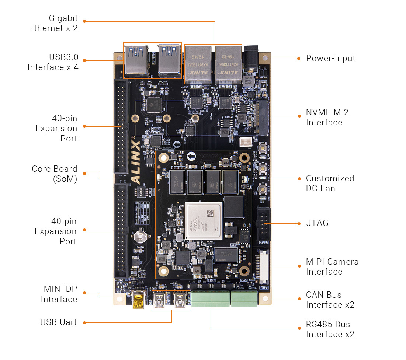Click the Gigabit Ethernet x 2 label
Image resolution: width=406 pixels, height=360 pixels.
click(53, 23)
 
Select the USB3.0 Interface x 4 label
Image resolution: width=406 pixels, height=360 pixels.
click(53, 62)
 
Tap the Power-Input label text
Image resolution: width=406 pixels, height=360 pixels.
click(330, 58)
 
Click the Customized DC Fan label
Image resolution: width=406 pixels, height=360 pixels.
click(330, 183)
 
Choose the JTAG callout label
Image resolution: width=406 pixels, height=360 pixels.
click(317, 223)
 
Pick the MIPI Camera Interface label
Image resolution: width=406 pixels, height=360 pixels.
click(332, 266)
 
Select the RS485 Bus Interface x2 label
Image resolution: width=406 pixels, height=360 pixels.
click(330, 329)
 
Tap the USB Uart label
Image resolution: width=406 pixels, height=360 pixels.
click(58, 322)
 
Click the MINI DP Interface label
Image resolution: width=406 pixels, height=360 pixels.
click(59, 294)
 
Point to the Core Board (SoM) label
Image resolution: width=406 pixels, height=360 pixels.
click(54, 174)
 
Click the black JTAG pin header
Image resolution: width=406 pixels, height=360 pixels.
click(264, 224)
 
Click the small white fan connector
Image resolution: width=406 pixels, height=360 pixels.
click(245, 142)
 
